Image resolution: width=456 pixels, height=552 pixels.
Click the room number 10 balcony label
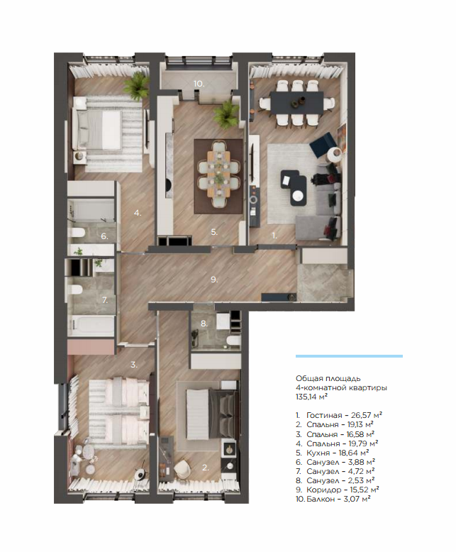coord(199,84)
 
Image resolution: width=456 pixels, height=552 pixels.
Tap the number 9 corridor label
coord(214,280)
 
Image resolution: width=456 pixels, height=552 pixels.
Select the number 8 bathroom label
coord(204,324)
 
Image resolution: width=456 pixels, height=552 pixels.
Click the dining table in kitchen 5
coord(219,174)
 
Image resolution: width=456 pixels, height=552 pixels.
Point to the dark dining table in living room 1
coord(297,102)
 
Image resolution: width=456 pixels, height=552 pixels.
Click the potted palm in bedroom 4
coord(137,86)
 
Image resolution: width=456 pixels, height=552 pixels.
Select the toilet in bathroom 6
coord(78,233)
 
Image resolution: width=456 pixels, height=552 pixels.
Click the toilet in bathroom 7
coord(76,289)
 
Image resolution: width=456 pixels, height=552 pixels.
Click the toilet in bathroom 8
coord(233,341)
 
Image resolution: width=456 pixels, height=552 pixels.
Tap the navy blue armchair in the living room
coord(321,142)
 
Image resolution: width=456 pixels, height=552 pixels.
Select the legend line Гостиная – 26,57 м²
coord(339,415)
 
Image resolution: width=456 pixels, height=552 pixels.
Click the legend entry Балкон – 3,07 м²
coord(333,499)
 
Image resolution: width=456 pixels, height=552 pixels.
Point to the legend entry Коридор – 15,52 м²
coord(338,490)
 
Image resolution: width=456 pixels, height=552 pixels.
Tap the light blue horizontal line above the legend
coord(349,356)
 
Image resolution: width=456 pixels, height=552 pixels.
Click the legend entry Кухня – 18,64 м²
coord(333,453)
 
